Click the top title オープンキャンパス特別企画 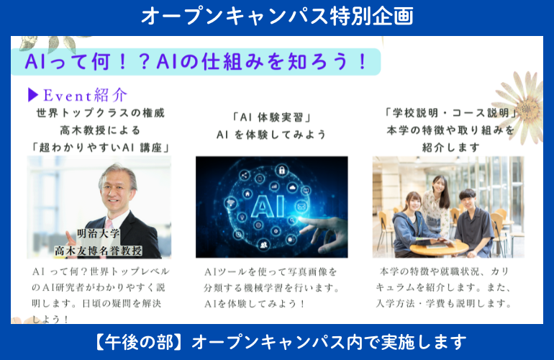(x=277, y=17)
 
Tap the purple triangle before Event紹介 (x=33, y=95)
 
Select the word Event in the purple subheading (x=68, y=96)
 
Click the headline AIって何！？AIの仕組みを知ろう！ (x=196, y=61)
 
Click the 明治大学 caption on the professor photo (x=99, y=233)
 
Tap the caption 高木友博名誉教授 (x=99, y=251)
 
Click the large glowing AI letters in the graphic (x=268, y=206)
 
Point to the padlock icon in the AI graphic (x=281, y=171)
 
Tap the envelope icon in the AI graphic (x=301, y=206)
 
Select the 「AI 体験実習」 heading (x=271, y=117)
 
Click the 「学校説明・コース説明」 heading (x=450, y=113)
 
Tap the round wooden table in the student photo (x=439, y=247)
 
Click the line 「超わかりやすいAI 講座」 (x=100, y=148)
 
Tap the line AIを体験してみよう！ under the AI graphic (x=255, y=304)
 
